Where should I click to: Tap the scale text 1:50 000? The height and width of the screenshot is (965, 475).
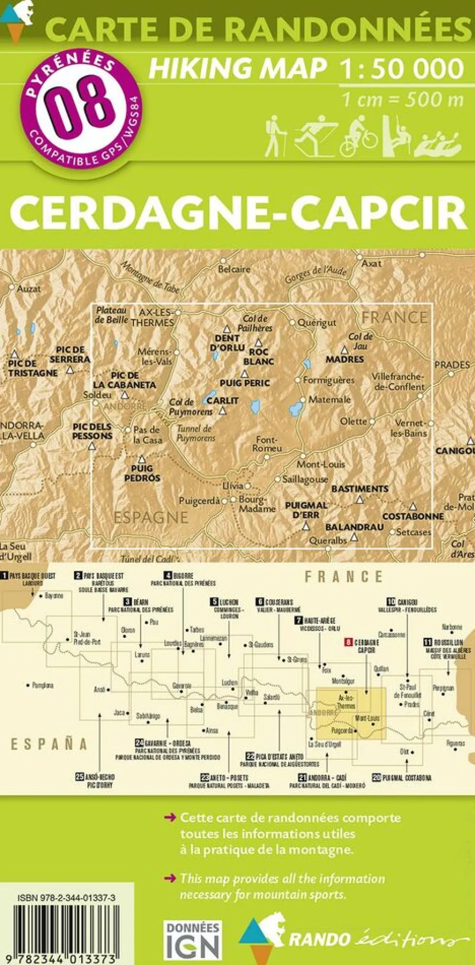[x=401, y=68]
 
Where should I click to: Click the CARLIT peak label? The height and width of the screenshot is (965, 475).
[x=222, y=400]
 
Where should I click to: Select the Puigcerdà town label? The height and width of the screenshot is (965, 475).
[x=199, y=501]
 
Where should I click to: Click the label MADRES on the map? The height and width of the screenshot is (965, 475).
[x=344, y=359]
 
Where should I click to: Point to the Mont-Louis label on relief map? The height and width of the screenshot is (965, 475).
[x=321, y=464]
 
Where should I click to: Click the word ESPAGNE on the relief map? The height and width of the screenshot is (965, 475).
[x=151, y=517]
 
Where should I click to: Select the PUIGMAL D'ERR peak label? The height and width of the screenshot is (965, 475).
[x=306, y=510]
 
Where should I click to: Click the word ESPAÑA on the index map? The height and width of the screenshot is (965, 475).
[x=49, y=744]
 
